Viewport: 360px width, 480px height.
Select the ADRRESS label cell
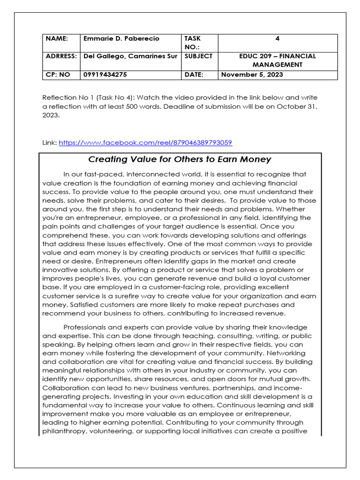pos(61,56)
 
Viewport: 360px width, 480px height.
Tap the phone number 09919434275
pos(105,75)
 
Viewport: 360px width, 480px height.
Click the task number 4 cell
pos(277,38)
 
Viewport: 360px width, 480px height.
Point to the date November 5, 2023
pos(252,75)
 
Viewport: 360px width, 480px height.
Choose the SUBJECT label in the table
pos(199,56)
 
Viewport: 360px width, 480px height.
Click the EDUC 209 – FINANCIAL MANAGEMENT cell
pos(277,60)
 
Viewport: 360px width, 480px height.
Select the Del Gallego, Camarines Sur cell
pos(130,56)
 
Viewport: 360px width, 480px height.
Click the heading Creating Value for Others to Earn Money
pos(180,159)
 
